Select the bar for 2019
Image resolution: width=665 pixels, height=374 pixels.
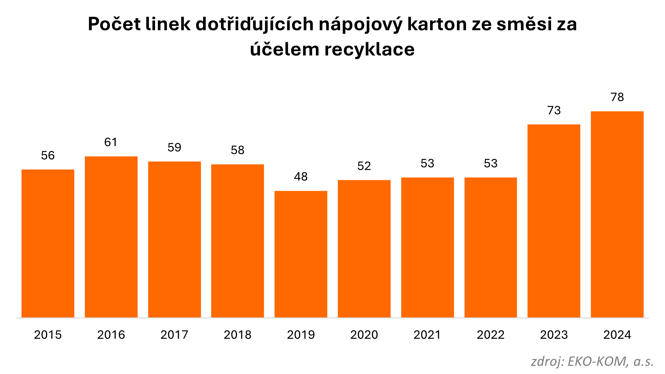point(301,254)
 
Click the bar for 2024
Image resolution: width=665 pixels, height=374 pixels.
point(617,214)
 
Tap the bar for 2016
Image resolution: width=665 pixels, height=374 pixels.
point(111,237)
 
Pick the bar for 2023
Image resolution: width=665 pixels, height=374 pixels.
point(554,221)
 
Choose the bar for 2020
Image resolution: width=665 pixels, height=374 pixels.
point(364,249)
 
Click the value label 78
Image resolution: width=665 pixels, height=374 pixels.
point(617,97)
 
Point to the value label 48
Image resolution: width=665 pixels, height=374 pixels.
point(301,177)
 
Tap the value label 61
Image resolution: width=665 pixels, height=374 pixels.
point(111,142)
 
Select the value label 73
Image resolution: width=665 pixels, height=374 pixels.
point(554,111)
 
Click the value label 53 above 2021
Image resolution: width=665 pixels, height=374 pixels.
point(427,164)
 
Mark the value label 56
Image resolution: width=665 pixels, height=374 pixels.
point(48,156)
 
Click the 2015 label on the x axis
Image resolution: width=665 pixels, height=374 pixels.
point(48,335)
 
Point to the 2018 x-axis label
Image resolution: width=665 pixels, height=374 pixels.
point(237,335)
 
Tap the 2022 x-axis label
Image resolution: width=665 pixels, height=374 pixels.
point(490,335)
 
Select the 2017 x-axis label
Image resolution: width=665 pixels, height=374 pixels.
point(174,335)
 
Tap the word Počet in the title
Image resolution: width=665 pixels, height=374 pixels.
point(114,24)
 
